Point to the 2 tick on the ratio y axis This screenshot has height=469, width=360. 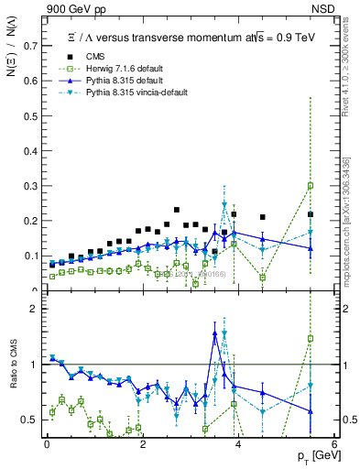point(36,309)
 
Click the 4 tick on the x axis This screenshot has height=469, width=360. point(238,444)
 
